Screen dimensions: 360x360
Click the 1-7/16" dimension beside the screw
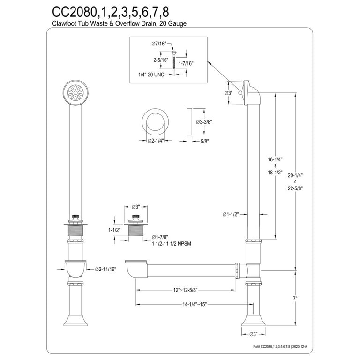click(x=186, y=63)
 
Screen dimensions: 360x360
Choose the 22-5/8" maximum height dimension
click(x=296, y=189)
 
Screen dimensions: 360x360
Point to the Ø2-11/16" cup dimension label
click(x=106, y=269)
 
